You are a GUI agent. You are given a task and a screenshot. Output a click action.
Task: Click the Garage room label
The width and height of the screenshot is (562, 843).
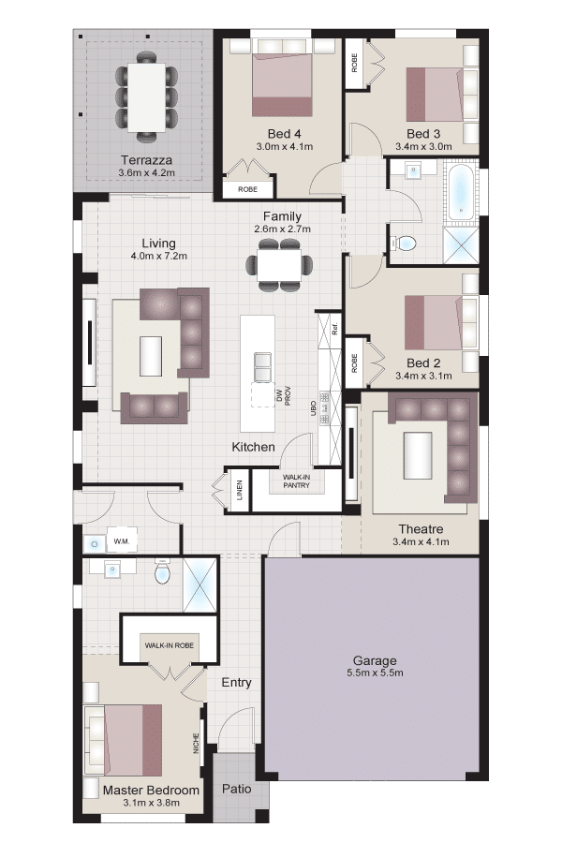click(375, 660)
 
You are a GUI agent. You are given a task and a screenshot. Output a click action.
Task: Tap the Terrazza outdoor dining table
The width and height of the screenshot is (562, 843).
click(146, 97)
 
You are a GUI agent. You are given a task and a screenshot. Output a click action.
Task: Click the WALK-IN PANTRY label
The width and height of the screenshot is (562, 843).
click(296, 481)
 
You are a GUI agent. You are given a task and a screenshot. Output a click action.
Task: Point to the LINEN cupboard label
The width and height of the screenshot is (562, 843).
click(240, 490)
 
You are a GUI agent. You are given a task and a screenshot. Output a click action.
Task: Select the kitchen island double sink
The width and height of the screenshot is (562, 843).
click(263, 366)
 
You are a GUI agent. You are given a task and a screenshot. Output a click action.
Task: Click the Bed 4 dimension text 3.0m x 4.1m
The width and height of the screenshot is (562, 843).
click(285, 146)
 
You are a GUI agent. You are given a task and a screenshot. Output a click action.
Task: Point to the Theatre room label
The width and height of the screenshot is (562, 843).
click(421, 529)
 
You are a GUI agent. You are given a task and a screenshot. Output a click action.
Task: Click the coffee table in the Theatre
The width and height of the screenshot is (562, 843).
click(418, 455)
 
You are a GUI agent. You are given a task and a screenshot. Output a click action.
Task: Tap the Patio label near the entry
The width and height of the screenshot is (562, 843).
click(237, 788)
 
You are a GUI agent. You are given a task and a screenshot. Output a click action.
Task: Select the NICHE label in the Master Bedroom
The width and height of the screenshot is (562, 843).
click(196, 743)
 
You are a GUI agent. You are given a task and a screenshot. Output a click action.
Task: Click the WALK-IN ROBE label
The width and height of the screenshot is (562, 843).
click(169, 645)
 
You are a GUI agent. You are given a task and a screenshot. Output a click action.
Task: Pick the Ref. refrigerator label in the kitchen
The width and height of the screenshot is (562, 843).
click(334, 329)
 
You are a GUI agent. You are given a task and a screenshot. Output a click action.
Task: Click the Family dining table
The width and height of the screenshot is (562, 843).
click(279, 265)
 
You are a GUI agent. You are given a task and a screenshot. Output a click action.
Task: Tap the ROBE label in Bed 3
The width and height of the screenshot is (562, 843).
click(354, 64)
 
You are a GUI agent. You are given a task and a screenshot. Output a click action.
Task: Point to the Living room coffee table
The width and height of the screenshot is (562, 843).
click(151, 356)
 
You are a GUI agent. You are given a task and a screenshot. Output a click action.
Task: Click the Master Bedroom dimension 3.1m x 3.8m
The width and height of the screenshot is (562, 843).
click(151, 803)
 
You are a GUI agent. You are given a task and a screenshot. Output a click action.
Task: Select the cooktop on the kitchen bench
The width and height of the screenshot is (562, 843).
click(324, 408)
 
